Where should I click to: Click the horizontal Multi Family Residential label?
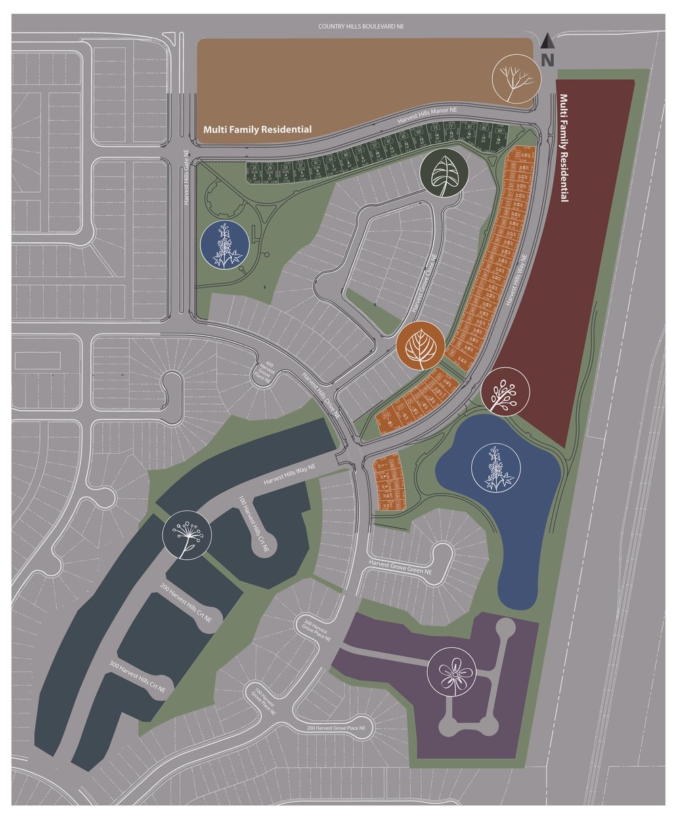pos(258,129)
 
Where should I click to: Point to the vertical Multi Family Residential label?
pos(563,149)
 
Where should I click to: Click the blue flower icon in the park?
pos(223,245)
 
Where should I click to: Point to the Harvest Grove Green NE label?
pos(404,566)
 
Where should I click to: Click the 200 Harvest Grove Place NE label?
pos(340,728)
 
